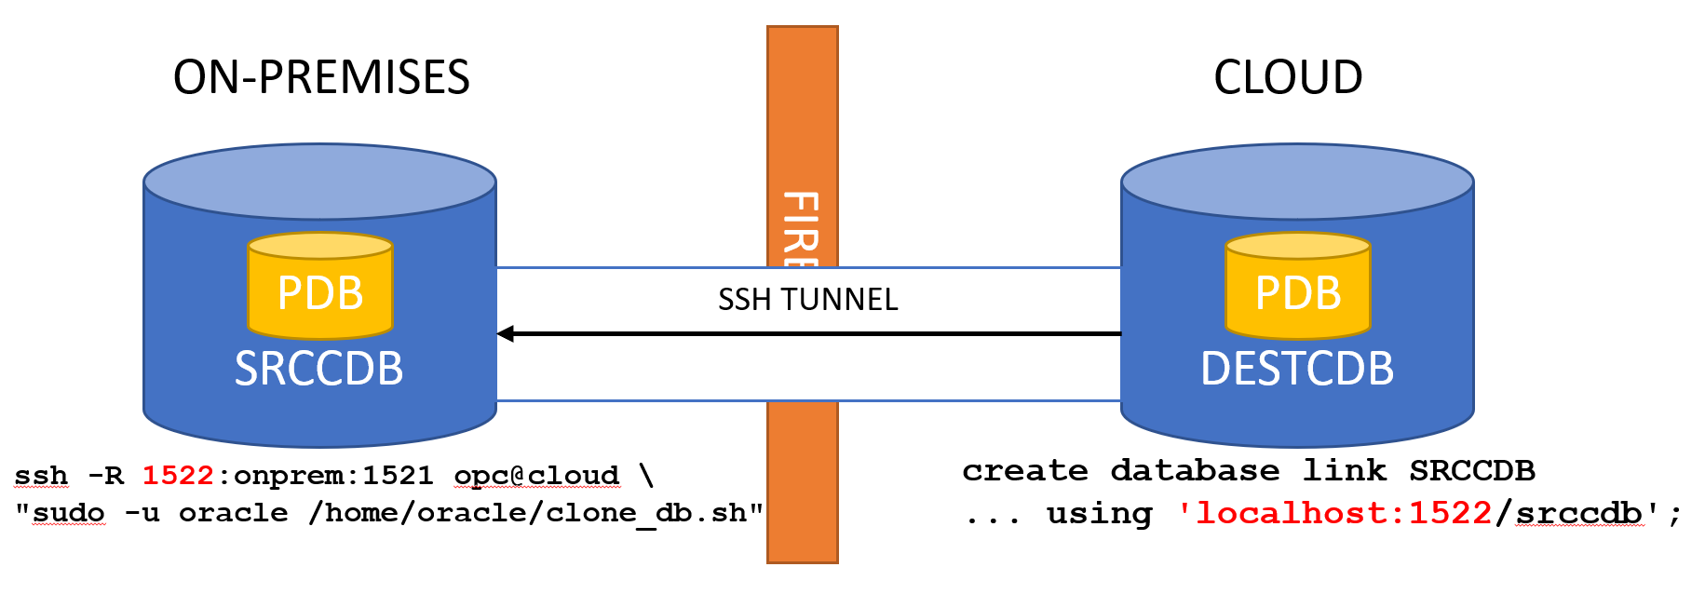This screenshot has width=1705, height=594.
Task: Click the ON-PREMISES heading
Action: [x=321, y=77]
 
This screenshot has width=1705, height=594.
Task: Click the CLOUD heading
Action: [x=1287, y=77]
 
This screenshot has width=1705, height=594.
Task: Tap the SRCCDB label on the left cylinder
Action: [x=318, y=369]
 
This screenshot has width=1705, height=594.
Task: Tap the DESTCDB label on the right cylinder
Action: [x=1297, y=369]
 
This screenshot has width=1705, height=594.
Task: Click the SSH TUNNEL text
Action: [x=807, y=300]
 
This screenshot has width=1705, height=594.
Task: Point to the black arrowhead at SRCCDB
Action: [x=506, y=333]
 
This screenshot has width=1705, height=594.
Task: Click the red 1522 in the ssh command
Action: [x=177, y=476]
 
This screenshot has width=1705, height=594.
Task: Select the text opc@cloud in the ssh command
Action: [x=536, y=476]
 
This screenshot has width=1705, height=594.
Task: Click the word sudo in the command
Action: [x=69, y=513]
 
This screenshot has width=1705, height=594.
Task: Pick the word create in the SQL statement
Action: [x=1024, y=471]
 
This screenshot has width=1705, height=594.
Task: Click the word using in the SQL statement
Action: [x=1099, y=513]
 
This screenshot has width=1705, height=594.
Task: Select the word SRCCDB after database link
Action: [x=1471, y=471]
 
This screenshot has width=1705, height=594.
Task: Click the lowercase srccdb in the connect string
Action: [x=1578, y=513]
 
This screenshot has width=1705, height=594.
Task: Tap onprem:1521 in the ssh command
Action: [x=333, y=476]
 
